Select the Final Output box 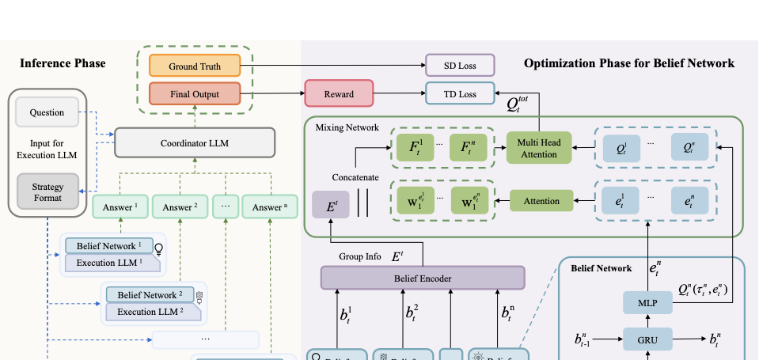(194, 95)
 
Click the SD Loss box (460, 65)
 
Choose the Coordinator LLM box (195, 142)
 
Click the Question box (47, 112)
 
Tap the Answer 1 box (120, 207)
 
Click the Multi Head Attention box (538, 148)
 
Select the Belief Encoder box (422, 278)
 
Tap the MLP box (647, 303)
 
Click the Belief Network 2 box (150, 295)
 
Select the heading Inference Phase (63, 63)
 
